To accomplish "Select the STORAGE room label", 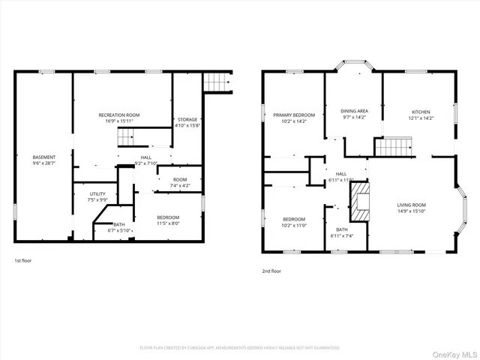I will pos(187,119).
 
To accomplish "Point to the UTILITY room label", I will pos(97,193).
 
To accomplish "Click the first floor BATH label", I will pos(119,224).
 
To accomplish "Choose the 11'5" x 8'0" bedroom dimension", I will pos(168,223).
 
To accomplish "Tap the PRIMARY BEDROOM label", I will pos(293,115).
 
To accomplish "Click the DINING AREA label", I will pos(354,110).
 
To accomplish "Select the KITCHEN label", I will pos(419,112).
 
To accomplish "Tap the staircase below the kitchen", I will pos(394,147).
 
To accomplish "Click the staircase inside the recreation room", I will pos(126,137).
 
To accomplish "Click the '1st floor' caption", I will pos(23,261).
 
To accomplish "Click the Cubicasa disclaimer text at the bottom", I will pos(240,348).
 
